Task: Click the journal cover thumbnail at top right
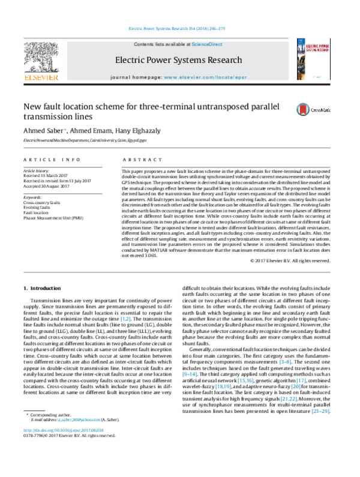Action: [317, 59]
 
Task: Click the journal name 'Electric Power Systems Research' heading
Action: [182, 60]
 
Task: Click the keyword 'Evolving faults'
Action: [38, 208]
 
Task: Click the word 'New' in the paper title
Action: [34, 106]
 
